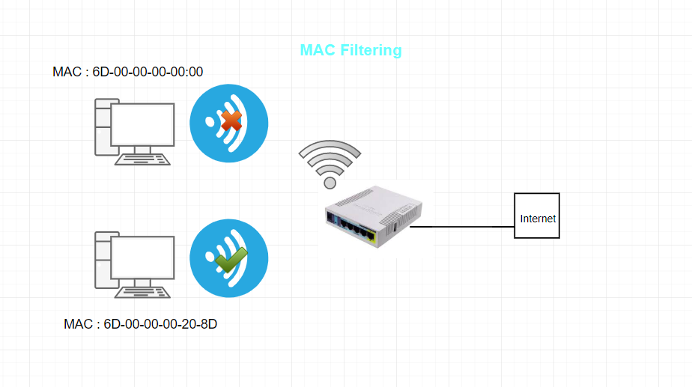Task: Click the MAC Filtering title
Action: coord(350,50)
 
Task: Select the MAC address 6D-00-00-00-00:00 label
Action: coord(128,72)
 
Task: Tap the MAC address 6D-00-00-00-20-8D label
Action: coord(141,324)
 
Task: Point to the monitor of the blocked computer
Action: coord(142,124)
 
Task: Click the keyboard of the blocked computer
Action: coord(142,159)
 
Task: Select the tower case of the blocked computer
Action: coord(103,127)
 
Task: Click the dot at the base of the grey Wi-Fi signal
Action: coord(330,182)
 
